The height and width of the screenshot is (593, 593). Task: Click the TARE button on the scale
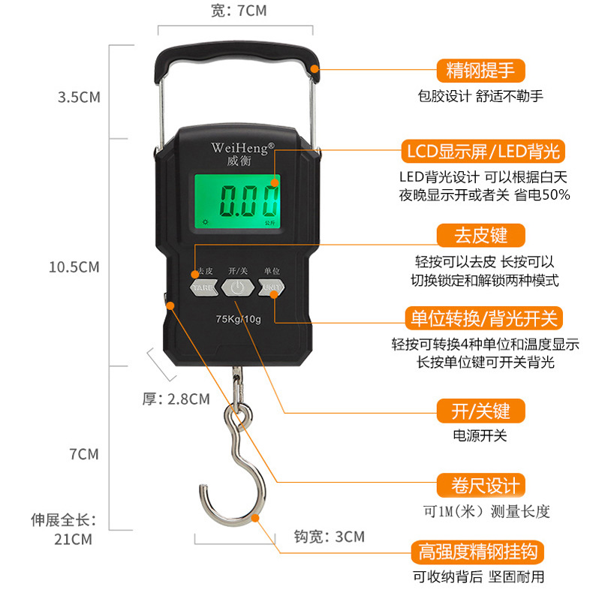pos(204,287)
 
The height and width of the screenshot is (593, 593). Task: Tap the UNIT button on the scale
pos(271,287)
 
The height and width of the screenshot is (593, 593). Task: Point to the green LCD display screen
pos(237,201)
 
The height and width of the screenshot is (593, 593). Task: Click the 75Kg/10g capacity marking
pos(238,319)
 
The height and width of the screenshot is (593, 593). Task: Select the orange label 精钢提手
pos(480,71)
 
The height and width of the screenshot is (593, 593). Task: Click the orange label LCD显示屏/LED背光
pos(483,152)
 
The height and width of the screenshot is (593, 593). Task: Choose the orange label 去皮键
pos(480,235)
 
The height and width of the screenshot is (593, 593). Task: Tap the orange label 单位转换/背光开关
pos(483,318)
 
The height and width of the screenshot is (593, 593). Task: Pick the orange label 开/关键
pos(480,411)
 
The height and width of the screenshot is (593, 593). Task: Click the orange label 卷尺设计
pos(480,485)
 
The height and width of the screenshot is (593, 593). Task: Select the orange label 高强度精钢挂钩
pos(477,552)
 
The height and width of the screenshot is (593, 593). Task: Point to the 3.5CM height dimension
pos(79,97)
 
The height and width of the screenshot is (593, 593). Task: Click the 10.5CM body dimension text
pos(74,267)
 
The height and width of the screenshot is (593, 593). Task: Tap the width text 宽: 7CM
pos(239,11)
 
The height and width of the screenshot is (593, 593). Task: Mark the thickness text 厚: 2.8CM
pos(176,399)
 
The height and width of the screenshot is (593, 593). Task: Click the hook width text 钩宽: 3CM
pos(330,537)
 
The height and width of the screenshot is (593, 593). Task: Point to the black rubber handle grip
pos(237,61)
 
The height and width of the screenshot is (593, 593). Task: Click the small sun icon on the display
pos(206,221)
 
